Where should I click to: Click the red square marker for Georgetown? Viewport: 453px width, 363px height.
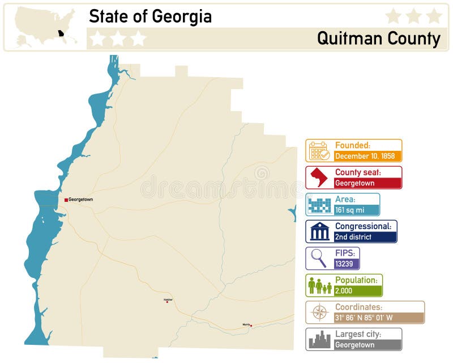[66, 200]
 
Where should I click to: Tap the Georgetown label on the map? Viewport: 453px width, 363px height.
[81, 200]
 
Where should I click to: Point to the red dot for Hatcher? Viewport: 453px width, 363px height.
[167, 302]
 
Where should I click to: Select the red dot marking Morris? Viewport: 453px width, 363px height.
[251, 326]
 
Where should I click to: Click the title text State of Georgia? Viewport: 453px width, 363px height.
[150, 16]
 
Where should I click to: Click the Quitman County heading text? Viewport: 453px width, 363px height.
[378, 39]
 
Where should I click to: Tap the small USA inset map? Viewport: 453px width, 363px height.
[46, 27]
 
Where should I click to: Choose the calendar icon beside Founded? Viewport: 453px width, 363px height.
[319, 151]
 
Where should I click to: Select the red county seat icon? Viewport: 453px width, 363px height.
[319, 178]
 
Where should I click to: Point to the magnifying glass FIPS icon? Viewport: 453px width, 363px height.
[319, 259]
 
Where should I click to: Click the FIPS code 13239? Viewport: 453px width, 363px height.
[346, 264]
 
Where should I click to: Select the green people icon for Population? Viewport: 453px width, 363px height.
[319, 285]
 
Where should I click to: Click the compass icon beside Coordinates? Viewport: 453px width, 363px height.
[319, 313]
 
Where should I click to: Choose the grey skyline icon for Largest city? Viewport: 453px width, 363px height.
[319, 339]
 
